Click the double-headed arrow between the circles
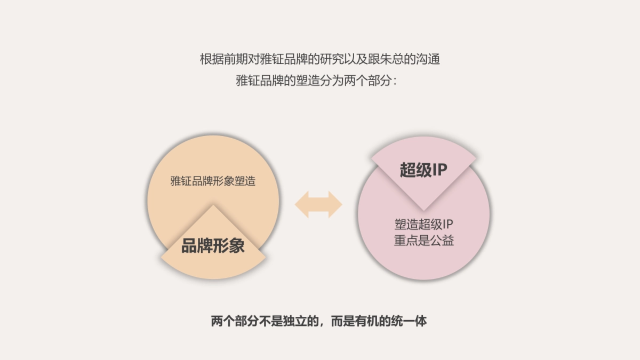(x=318, y=204)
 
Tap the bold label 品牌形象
(x=213, y=246)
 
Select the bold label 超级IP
(x=423, y=170)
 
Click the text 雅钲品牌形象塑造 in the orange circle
(x=213, y=181)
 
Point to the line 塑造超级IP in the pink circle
(x=423, y=224)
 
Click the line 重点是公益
(x=423, y=241)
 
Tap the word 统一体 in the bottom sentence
(x=410, y=322)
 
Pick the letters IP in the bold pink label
(x=438, y=170)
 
